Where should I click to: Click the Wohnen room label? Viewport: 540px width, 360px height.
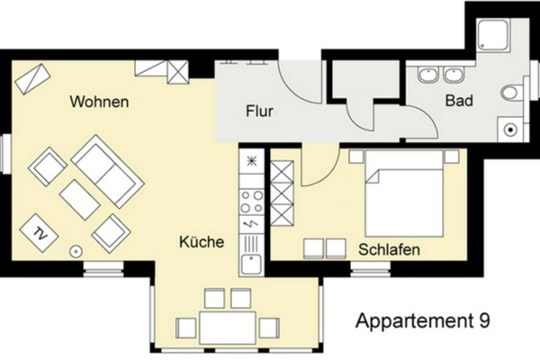pos(98,102)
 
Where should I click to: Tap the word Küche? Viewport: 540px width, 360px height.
pos(202,242)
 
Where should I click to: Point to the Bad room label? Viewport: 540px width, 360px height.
pos(459,102)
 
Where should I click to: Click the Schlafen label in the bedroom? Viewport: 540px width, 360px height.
pos(390,248)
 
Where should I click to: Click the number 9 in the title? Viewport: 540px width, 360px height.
pos(484,320)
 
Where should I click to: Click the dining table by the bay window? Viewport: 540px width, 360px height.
pos(229,326)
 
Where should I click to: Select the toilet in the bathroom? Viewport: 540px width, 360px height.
pos(510,93)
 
